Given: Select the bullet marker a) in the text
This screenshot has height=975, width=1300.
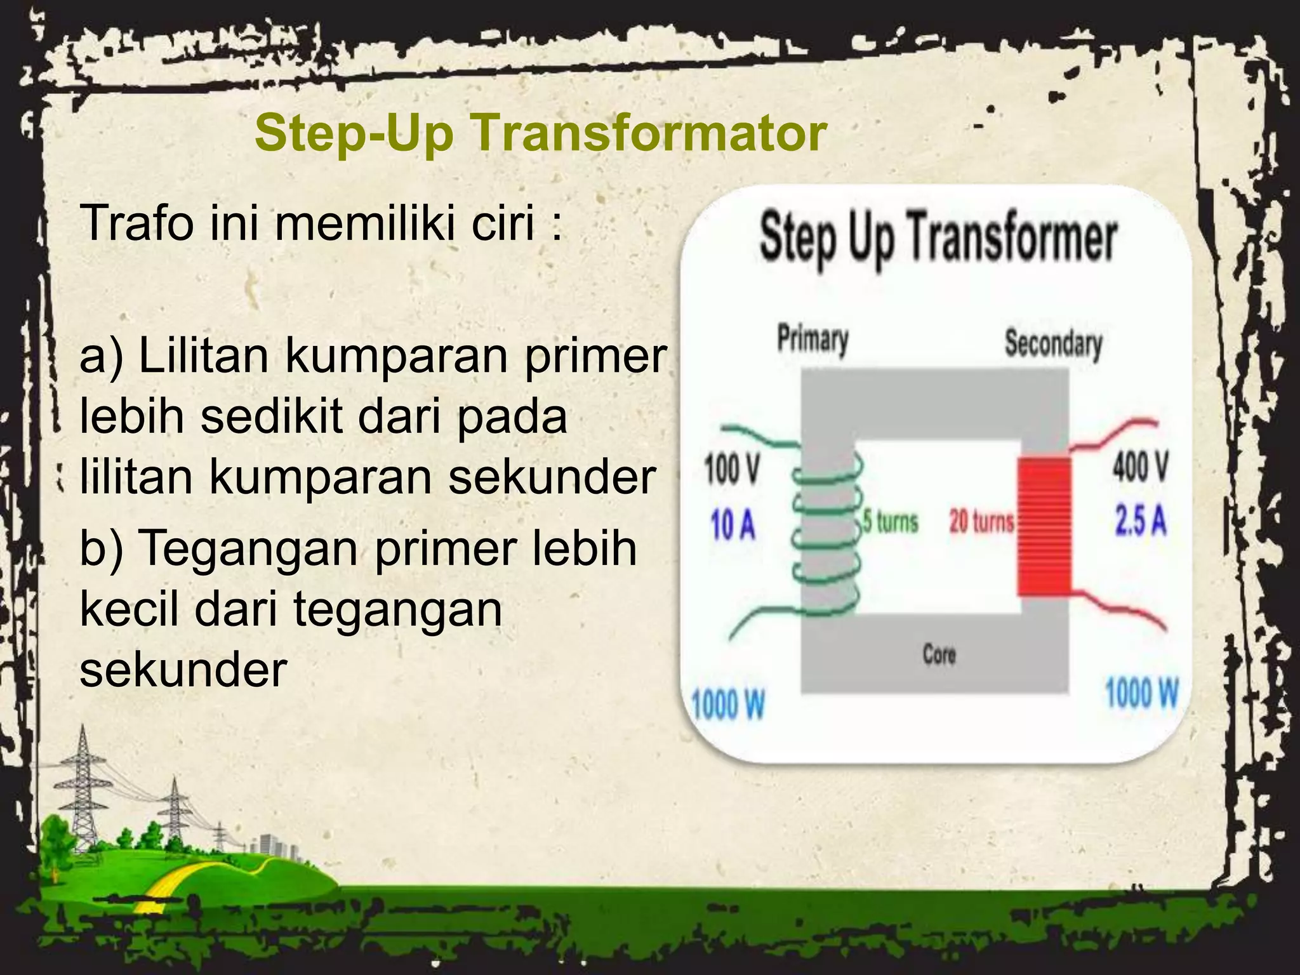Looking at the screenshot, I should (x=100, y=355).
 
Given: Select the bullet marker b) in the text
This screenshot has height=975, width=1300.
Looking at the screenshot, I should (x=100, y=548).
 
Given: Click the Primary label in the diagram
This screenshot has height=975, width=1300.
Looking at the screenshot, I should (x=813, y=340).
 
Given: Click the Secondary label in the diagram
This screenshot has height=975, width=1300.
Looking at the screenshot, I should (x=1053, y=344).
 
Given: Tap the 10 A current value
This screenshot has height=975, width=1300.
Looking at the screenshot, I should (x=733, y=526).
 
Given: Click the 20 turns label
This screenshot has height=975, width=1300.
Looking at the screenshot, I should (x=981, y=522).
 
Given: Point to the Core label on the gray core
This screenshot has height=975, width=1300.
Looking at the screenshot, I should (x=939, y=654).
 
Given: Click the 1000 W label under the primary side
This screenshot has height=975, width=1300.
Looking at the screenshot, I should (x=728, y=705).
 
